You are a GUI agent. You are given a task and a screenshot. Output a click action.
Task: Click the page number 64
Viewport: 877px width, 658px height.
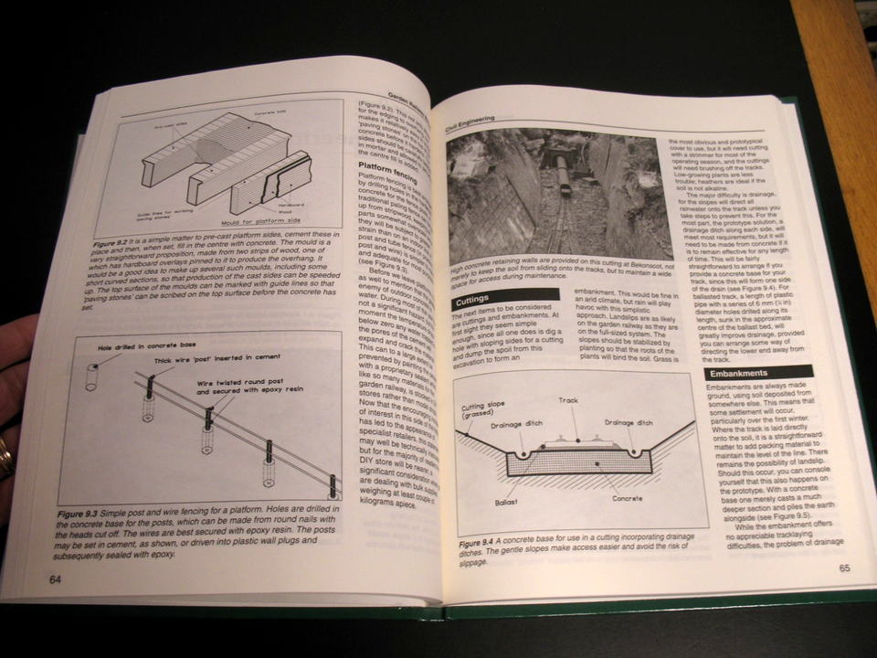pos(56,578)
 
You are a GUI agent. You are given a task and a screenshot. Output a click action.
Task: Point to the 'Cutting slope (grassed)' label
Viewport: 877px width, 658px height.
pos(484,412)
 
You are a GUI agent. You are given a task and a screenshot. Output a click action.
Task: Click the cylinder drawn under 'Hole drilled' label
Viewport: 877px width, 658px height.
pos(92,378)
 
